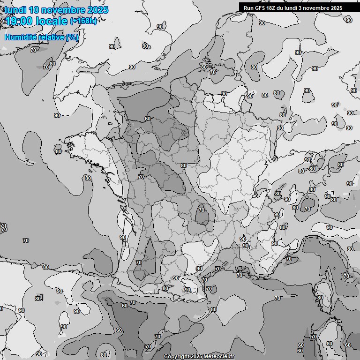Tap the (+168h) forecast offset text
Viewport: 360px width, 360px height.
(x=83, y=21)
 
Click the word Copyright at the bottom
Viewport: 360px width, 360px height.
(x=177, y=357)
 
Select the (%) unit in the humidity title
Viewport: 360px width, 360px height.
(x=72, y=37)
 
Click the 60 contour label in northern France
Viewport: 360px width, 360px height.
(x=148, y=119)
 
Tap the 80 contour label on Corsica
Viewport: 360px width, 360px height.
(x=320, y=298)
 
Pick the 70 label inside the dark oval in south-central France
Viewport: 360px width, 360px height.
(x=201, y=210)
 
